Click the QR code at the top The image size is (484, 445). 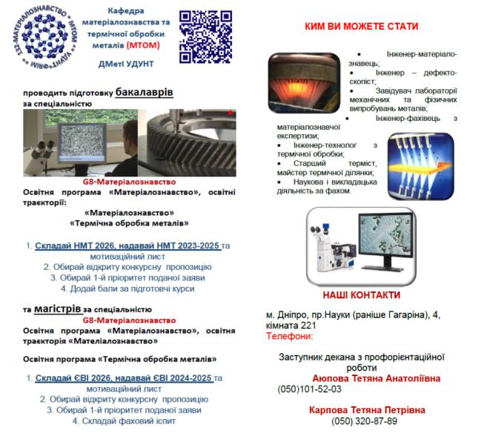click(x=205, y=35)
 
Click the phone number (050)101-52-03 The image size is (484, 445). click(x=309, y=389)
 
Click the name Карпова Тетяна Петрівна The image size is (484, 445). click(x=365, y=409)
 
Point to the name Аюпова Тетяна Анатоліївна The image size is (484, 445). click(x=377, y=378)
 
